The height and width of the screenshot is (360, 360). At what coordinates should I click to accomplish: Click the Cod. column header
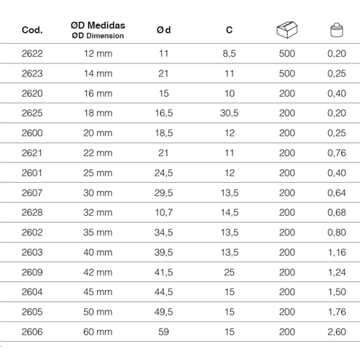(x=32, y=30)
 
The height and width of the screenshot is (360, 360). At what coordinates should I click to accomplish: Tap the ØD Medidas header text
(x=98, y=26)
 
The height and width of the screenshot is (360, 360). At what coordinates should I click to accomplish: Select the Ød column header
(x=163, y=30)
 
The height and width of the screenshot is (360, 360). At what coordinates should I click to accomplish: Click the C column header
(x=229, y=30)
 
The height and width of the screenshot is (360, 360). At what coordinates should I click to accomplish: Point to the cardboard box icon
(x=287, y=30)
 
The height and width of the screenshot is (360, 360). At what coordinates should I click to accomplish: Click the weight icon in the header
(x=337, y=30)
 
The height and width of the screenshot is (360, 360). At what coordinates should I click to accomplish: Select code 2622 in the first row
(x=32, y=53)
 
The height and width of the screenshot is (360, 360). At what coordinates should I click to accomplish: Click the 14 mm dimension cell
(x=98, y=74)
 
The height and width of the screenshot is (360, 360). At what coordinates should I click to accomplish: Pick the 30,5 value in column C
(x=229, y=113)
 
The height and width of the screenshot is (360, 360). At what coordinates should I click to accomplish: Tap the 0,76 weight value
(x=337, y=153)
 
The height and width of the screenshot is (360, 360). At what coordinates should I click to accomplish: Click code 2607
(x=32, y=192)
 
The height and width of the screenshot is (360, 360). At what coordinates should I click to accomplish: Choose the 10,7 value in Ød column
(x=164, y=213)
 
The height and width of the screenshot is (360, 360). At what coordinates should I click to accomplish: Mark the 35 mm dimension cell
(x=98, y=232)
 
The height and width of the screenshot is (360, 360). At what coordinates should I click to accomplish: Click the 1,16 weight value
(x=337, y=252)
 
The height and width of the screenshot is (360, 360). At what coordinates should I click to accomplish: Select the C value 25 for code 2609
(x=229, y=273)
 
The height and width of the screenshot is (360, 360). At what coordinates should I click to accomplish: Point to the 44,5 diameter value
(x=163, y=292)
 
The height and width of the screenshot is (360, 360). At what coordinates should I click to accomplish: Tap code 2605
(x=32, y=312)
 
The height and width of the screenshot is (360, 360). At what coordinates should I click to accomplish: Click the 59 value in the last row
(x=163, y=332)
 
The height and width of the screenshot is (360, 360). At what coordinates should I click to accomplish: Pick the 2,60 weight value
(x=337, y=332)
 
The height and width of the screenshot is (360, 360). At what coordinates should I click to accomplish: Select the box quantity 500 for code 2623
(x=287, y=74)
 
